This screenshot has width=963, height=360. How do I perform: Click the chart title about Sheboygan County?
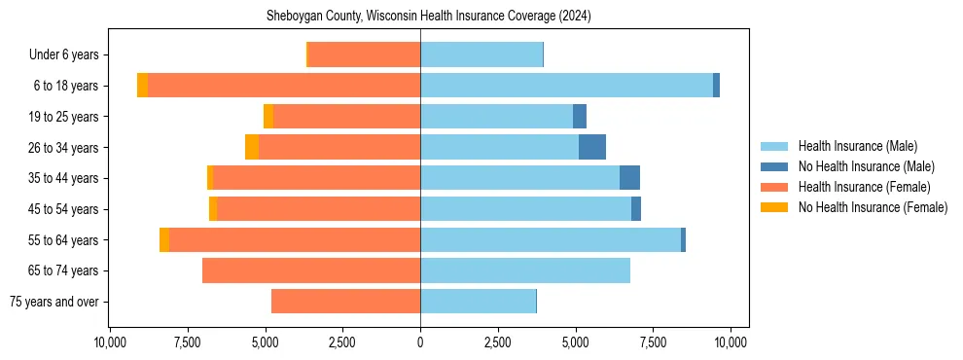[x=429, y=17]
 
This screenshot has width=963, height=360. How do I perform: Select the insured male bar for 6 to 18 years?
[x=566, y=86]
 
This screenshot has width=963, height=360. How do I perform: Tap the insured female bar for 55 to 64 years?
[x=295, y=239]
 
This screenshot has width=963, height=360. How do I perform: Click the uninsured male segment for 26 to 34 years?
[x=592, y=147]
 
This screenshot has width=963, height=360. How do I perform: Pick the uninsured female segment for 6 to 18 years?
[x=142, y=86]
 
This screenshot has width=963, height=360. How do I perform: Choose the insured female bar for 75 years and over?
[x=345, y=302]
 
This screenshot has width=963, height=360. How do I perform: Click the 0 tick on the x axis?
[x=420, y=342]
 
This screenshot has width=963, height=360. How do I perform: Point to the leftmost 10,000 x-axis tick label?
[x=110, y=342]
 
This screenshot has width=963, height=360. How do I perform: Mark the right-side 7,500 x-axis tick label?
[x=653, y=342]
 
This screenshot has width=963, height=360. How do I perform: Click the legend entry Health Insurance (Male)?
[x=857, y=146]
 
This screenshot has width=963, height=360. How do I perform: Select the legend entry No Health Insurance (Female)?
[x=873, y=207]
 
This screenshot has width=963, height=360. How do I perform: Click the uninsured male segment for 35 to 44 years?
[x=629, y=178]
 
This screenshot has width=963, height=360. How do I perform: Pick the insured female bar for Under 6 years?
[x=364, y=54]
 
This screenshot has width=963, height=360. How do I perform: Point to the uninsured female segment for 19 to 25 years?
[x=268, y=117]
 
